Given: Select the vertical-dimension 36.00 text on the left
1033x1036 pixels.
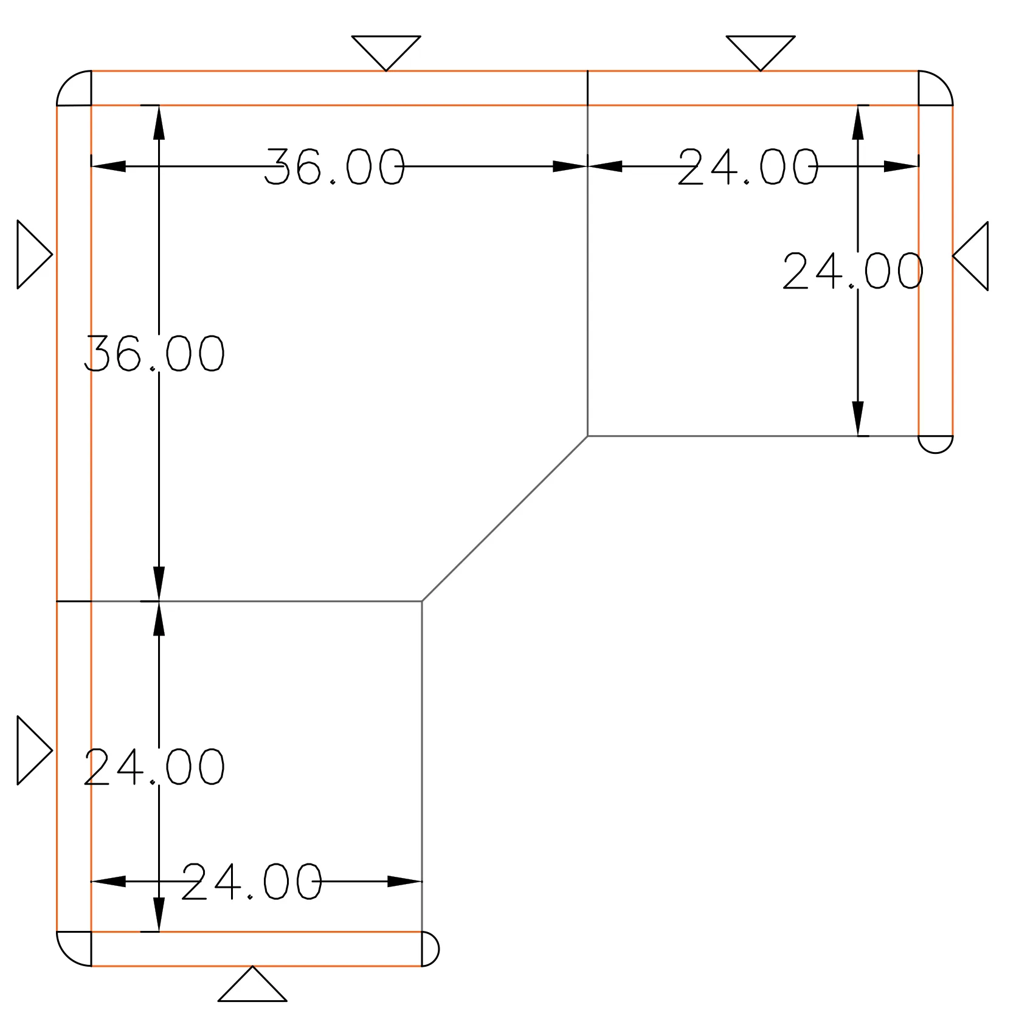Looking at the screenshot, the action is coord(154,353).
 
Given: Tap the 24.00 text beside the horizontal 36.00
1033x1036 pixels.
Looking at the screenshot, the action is coord(748,166).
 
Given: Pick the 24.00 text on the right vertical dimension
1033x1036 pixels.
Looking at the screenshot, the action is coord(853,270).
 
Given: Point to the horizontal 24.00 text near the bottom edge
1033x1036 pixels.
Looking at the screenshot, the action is coord(252,881).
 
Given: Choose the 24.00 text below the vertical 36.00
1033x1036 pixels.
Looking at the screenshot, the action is coord(154,766).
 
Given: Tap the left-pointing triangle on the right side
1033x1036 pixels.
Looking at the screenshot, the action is coord(970,256).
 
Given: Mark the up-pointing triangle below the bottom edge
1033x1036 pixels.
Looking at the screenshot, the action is coord(252,984).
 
